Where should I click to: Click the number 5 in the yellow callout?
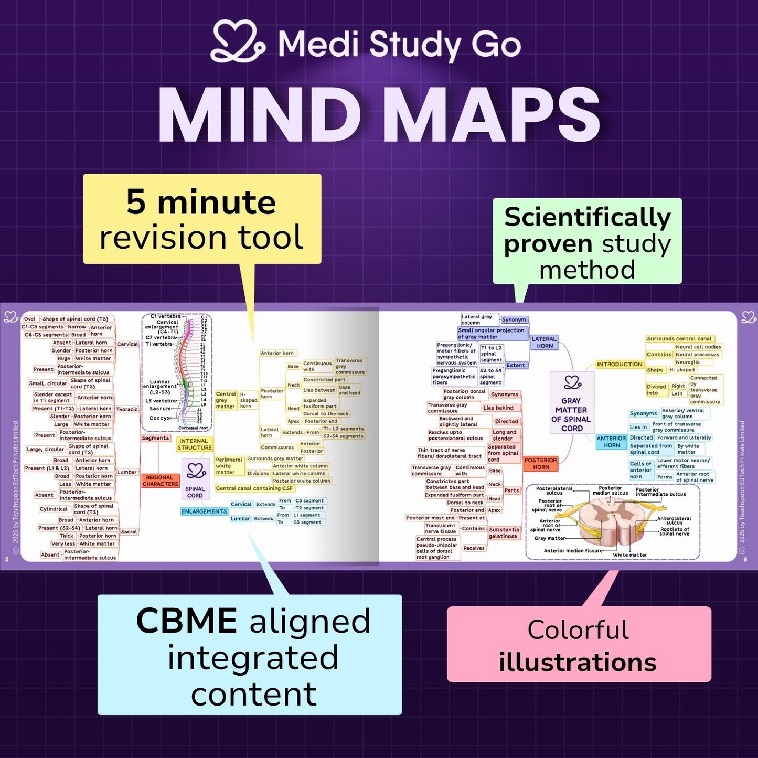coord(136,203)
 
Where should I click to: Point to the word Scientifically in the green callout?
coord(588,218)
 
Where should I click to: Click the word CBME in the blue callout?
coord(186,622)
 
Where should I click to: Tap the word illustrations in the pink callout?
coord(578,663)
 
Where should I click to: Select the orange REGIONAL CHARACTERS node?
coord(160,481)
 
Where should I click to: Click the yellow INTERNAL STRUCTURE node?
coord(194,444)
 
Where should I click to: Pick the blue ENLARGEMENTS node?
coord(204,511)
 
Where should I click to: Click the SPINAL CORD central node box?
coord(195,478)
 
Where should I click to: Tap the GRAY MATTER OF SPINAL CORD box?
coord(571,402)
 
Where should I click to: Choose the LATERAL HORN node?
coord(544,342)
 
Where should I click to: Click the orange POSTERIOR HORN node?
coord(541,463)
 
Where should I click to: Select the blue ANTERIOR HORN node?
coord(611,442)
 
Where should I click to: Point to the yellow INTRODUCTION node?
coord(619,364)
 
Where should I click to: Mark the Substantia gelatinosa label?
coord(504,533)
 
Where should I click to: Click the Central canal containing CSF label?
coord(255,488)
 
